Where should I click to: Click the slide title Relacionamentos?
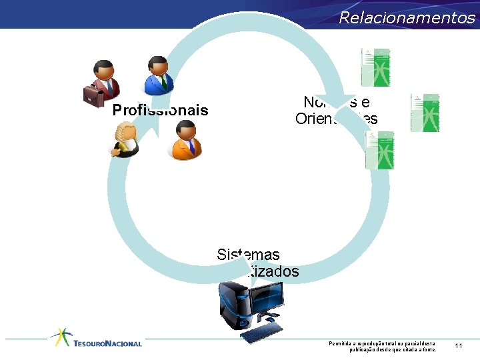[407, 18]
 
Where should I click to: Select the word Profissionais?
[160, 110]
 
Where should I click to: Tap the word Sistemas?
[248, 255]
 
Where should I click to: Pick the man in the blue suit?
[159, 75]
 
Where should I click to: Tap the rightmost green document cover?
[425, 113]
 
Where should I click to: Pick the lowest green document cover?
[380, 150]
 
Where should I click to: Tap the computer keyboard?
[261, 331]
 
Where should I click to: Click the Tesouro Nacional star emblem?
[62, 337]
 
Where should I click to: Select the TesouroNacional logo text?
[108, 343]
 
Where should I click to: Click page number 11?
[459, 345]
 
